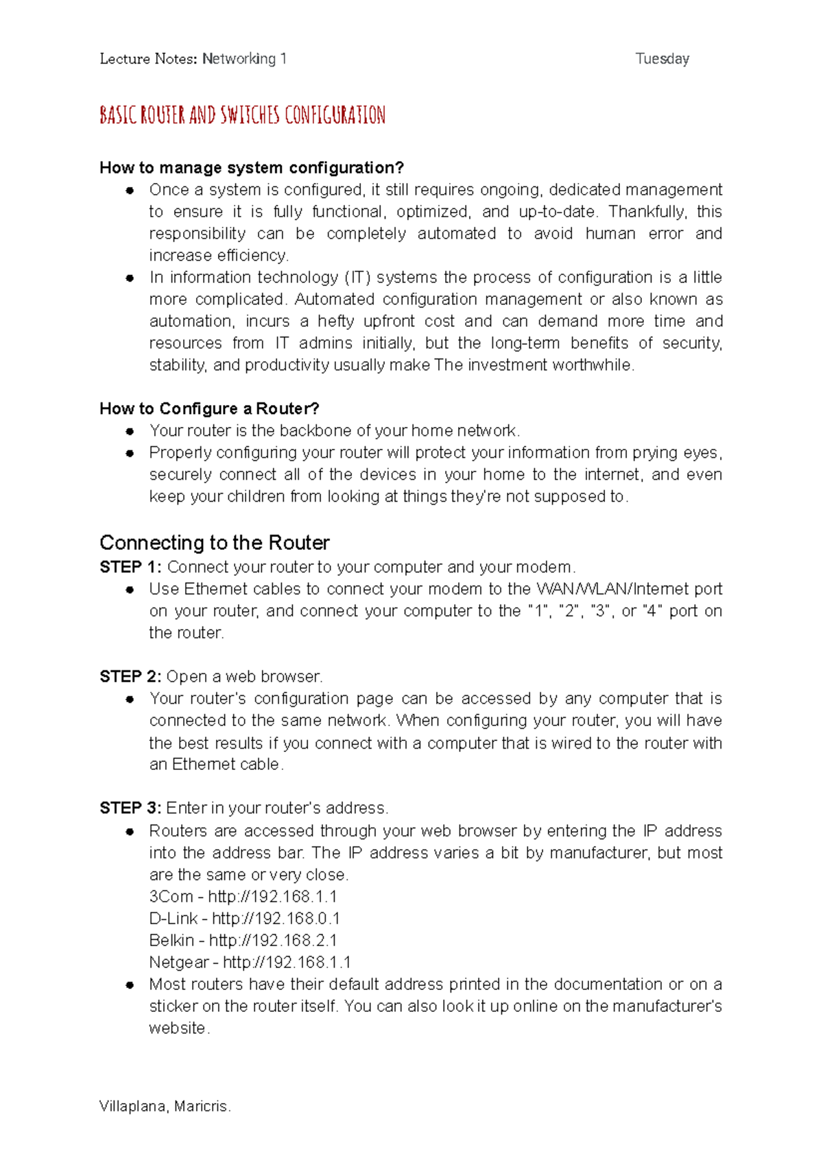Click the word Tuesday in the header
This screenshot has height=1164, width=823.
pos(662,59)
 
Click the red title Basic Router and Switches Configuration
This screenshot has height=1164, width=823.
pos(242,115)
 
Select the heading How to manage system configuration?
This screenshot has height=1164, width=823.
pos(252,168)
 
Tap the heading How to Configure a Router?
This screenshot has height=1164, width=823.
pos(209,409)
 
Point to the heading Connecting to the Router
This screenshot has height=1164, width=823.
pos(214,543)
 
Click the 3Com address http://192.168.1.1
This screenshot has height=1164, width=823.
pos(272,897)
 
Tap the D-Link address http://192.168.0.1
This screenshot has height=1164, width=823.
pos(276,919)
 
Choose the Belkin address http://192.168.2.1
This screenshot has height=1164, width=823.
pos(273,941)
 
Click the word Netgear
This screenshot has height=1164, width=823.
pos(178,962)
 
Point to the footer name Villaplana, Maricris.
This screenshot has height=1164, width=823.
pos(165,1106)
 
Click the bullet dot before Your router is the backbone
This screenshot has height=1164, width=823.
pos(130,431)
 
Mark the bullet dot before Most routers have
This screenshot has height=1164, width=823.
pos(130,985)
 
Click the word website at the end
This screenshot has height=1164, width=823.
pos(178,1028)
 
